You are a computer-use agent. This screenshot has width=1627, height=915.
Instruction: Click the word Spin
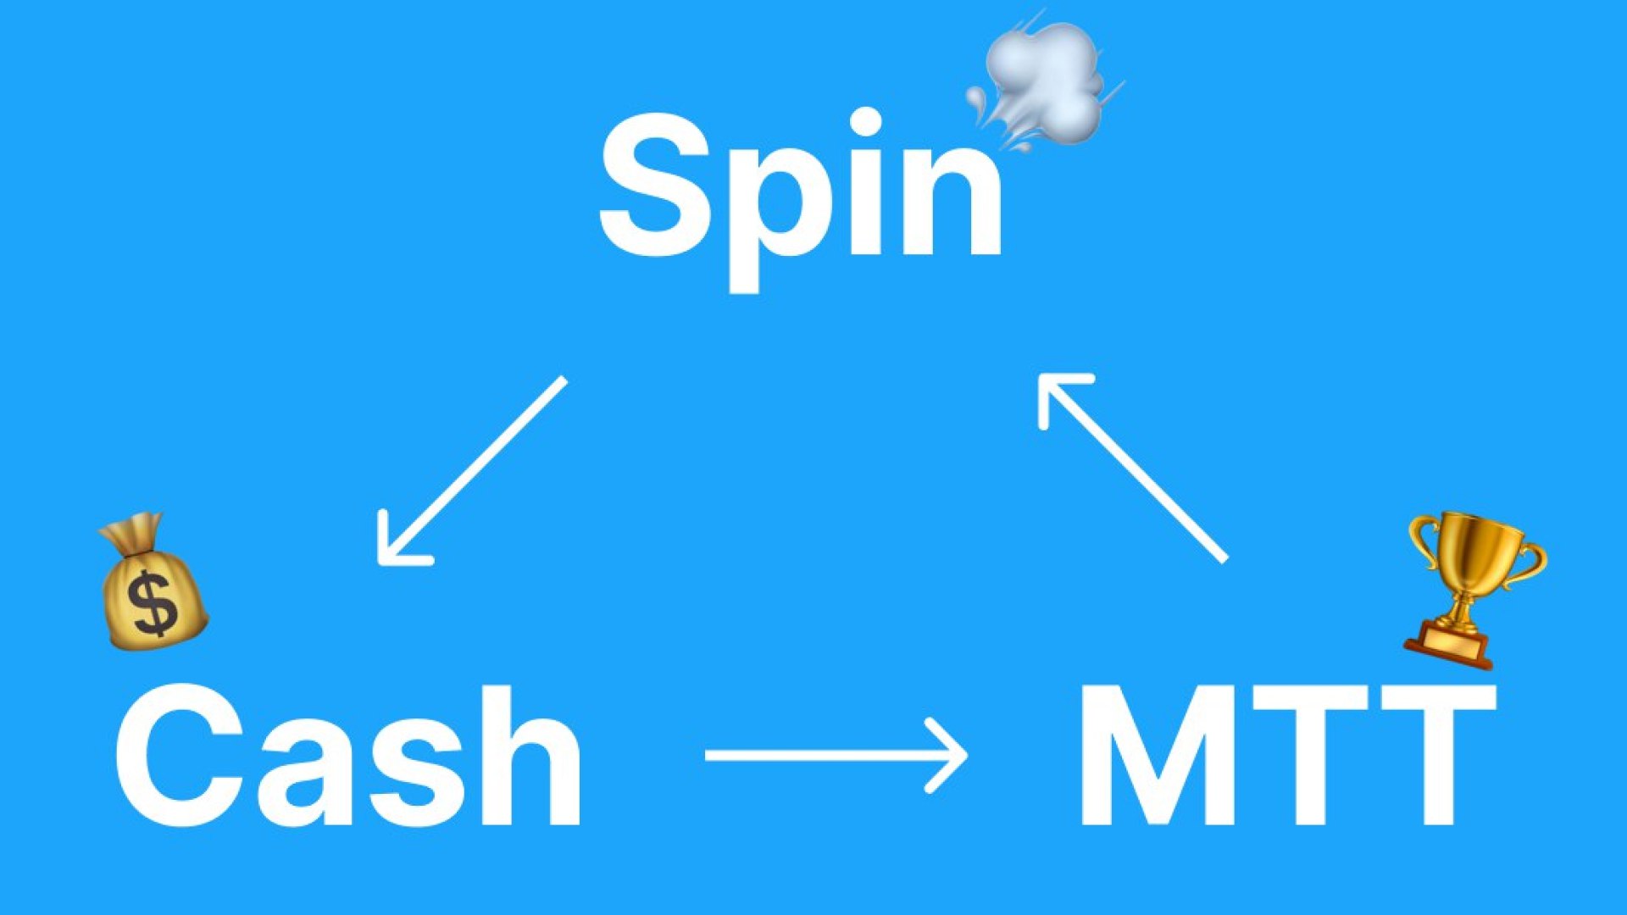801,199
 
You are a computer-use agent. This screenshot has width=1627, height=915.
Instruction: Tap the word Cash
348,754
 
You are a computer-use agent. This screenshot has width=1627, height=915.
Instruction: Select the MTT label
1287,754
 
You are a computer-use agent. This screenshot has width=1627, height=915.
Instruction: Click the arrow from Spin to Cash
471,471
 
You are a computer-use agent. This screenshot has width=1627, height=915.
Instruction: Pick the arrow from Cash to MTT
836,755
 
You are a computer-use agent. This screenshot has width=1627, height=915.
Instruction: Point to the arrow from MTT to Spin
1133,468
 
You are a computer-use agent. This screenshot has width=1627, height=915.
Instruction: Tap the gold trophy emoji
1474,590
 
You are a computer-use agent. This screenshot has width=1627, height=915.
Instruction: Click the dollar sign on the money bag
154,603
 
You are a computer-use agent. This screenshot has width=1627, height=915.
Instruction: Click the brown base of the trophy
1450,644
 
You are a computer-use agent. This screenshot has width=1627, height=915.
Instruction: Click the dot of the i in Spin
865,122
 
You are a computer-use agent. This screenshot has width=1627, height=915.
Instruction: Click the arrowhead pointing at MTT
947,755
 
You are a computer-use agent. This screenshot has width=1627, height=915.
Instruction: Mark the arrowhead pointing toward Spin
1059,393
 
